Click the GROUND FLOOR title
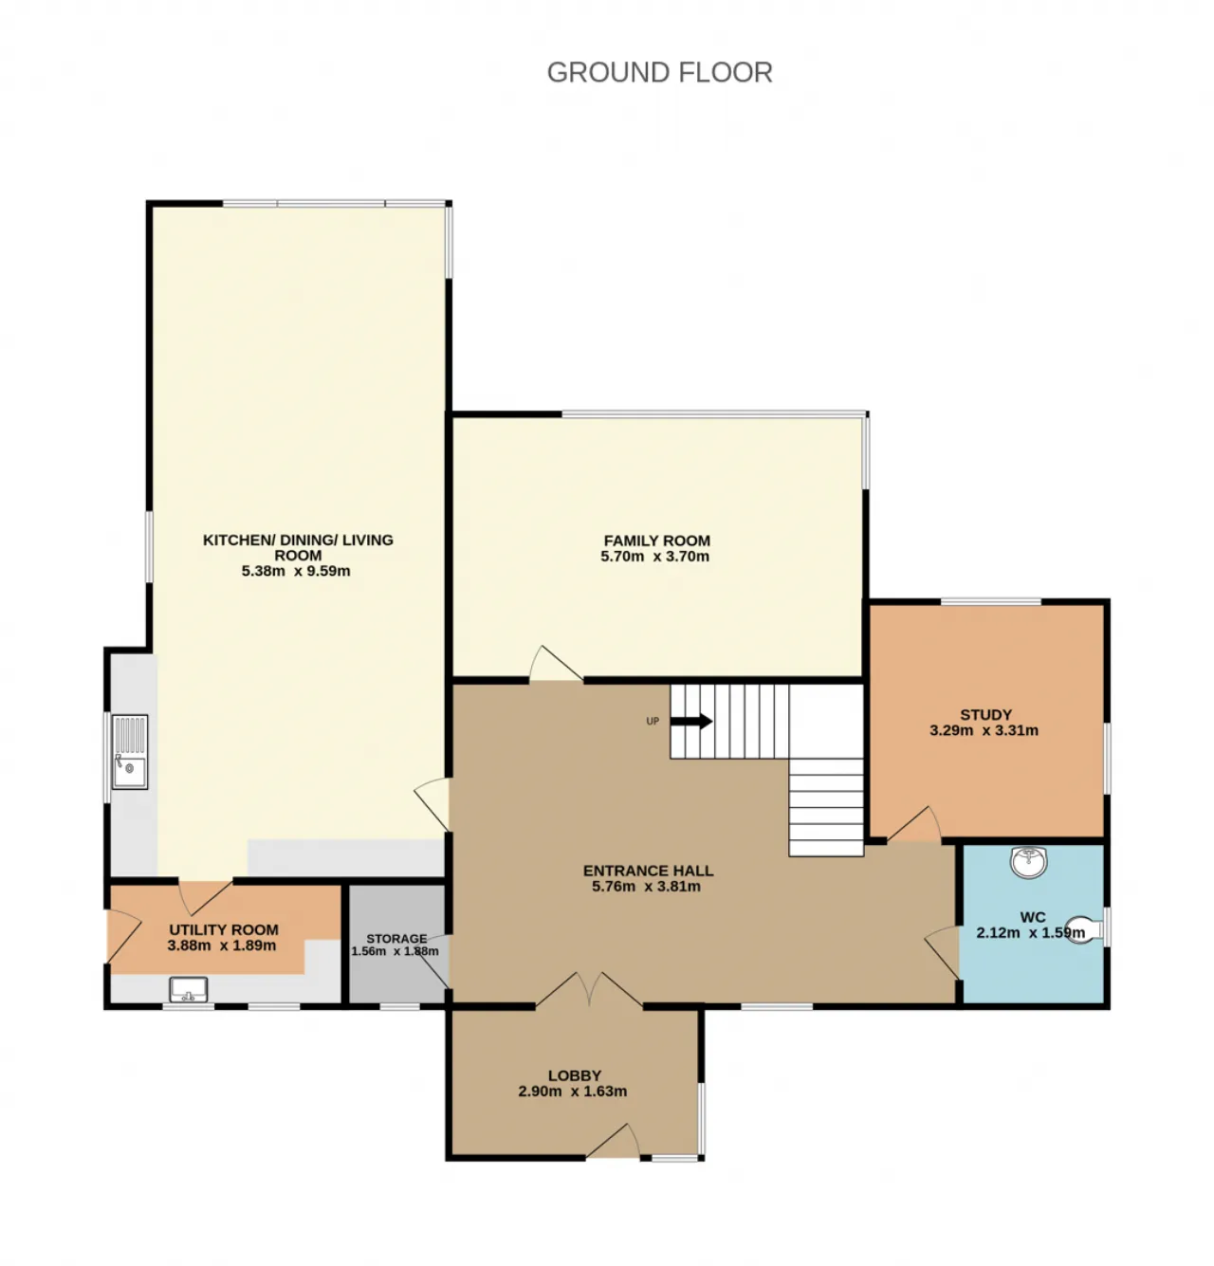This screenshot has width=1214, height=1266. coord(659,72)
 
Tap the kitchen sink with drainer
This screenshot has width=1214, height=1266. coord(130,751)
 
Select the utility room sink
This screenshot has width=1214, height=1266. coord(189,989)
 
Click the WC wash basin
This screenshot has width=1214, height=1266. coord(1029,862)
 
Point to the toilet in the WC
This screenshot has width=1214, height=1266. coord(1084,929)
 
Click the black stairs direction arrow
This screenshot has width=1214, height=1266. coord(690,721)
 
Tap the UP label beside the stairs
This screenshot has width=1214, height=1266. coord(653,721)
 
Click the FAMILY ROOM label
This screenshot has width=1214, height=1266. coord(656,540)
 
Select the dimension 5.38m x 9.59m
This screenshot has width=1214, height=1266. coord(296,571)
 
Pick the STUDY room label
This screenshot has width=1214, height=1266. coord(985,714)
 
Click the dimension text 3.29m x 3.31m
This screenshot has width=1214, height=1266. coord(984,730)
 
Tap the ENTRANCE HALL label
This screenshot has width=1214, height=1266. coord(648,871)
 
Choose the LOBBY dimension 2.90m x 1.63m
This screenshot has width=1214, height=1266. coord(573,1091)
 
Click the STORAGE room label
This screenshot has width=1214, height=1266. coord(396,938)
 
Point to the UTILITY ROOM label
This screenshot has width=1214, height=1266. coord(224,929)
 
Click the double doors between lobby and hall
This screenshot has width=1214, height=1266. coord(589,989)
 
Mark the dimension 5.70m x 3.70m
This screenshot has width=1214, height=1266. coord(654,557)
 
